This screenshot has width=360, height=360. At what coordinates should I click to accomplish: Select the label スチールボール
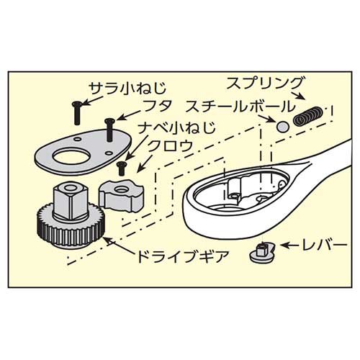coord(240,107)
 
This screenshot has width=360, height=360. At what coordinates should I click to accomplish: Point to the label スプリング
coord(264,84)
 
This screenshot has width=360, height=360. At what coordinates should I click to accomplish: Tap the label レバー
coord(323,246)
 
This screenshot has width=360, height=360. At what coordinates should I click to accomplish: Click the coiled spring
coord(309,117)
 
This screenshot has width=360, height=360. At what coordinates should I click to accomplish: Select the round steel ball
coord(282,127)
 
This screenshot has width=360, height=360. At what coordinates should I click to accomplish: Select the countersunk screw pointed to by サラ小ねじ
coord(76,113)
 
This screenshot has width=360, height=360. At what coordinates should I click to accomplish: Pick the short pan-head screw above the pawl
coord(120,168)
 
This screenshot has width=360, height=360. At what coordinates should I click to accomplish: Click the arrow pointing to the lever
coord(289,246)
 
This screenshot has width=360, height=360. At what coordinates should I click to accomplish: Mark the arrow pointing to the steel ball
coord(266,118)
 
